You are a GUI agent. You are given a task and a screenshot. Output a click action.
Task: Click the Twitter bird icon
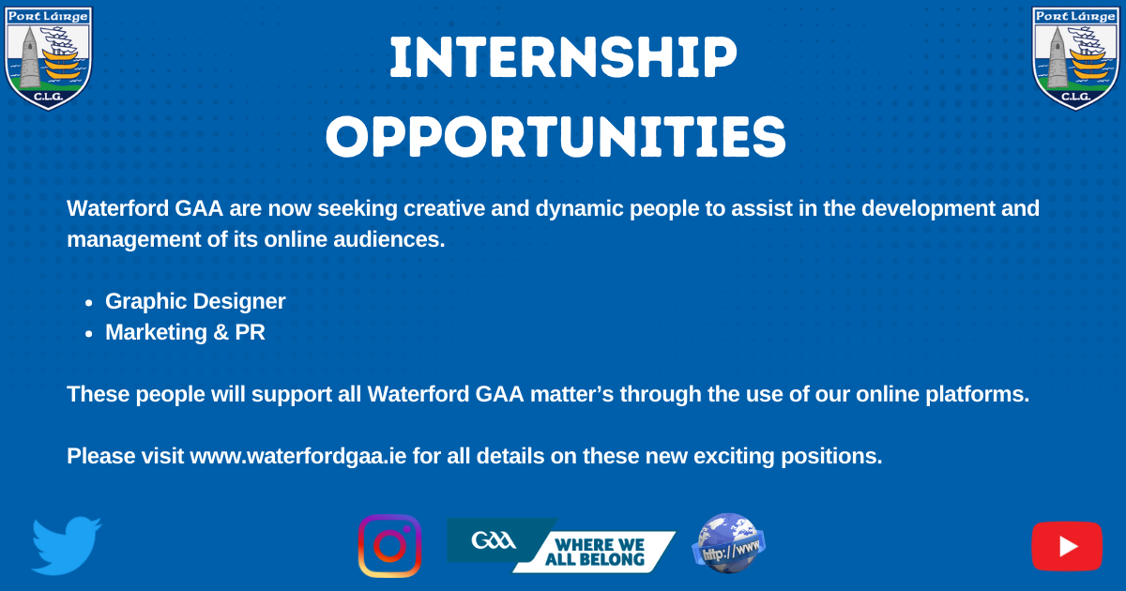pos(66,546)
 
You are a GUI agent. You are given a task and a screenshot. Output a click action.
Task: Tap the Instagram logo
pos(389,546)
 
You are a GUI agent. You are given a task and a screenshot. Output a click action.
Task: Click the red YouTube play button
pos(1067,546)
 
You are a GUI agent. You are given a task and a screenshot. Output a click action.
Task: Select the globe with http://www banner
pos(728,543)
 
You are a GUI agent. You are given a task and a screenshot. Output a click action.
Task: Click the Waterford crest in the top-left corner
pos(48,58)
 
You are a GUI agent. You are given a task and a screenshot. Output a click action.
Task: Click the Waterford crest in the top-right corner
pos(1075,58)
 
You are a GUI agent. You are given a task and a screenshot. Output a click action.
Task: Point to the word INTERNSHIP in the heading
pos(563,57)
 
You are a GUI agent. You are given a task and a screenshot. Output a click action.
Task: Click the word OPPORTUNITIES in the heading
pos(555,137)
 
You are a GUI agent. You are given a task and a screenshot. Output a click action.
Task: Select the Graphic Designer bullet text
pos(195,301)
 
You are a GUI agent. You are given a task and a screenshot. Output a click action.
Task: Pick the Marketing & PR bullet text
pos(185,332)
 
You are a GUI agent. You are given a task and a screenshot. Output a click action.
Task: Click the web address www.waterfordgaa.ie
pos(298,456)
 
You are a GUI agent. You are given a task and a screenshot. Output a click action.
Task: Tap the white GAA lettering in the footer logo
pos(494,540)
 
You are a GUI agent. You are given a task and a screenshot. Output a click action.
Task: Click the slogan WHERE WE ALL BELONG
pos(595,552)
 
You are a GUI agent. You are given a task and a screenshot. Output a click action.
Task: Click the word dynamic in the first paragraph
pos(580,209)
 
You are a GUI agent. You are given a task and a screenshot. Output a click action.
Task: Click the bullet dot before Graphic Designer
pos(89,303)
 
